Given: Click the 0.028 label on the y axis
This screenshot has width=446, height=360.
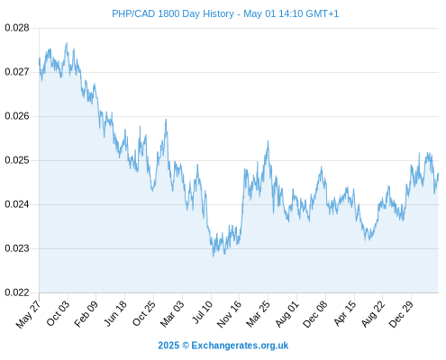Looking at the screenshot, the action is (17, 28).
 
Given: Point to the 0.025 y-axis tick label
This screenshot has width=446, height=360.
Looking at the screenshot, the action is (17, 160).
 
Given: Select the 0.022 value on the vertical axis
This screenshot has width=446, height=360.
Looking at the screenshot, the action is (17, 292).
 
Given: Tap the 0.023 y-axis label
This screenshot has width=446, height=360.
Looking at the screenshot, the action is (17, 248).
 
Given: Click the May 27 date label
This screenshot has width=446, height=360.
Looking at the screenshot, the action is (28, 314).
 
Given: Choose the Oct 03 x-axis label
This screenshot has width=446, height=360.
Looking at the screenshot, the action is (58, 314).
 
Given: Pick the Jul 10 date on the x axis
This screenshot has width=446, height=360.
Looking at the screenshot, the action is (202, 312).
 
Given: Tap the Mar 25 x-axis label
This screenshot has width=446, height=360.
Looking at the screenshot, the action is (259, 314).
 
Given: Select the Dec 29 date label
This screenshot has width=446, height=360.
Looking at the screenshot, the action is (401, 315).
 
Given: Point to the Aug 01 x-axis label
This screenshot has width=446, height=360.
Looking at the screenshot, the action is (287, 314).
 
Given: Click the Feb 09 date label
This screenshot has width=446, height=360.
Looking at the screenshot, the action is (86, 314).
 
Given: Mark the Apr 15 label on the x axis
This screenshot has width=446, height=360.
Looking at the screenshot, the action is (345, 314).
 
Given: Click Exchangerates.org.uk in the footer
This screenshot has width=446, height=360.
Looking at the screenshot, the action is (240, 346).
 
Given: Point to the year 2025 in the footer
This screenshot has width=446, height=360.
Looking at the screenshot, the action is (168, 346).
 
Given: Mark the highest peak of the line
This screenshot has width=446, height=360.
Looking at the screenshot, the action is (67, 43).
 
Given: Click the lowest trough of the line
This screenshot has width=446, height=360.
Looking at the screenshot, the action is (214, 256).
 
